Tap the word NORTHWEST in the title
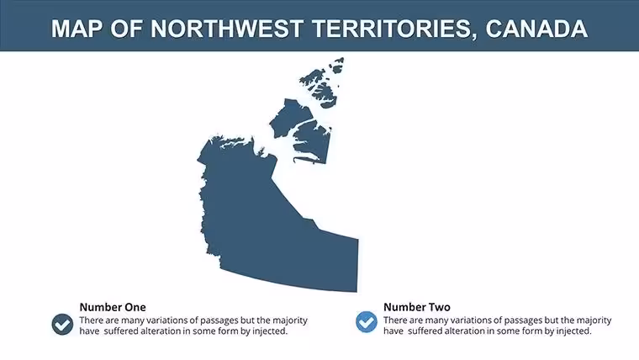(x=226, y=29)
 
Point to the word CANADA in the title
(x=536, y=29)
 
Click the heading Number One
(x=113, y=307)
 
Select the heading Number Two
(x=417, y=307)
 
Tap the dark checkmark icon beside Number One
(x=62, y=325)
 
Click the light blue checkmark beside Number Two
(x=367, y=322)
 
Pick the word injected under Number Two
(x=573, y=331)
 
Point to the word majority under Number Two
(x=594, y=320)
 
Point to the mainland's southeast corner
(x=357, y=292)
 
